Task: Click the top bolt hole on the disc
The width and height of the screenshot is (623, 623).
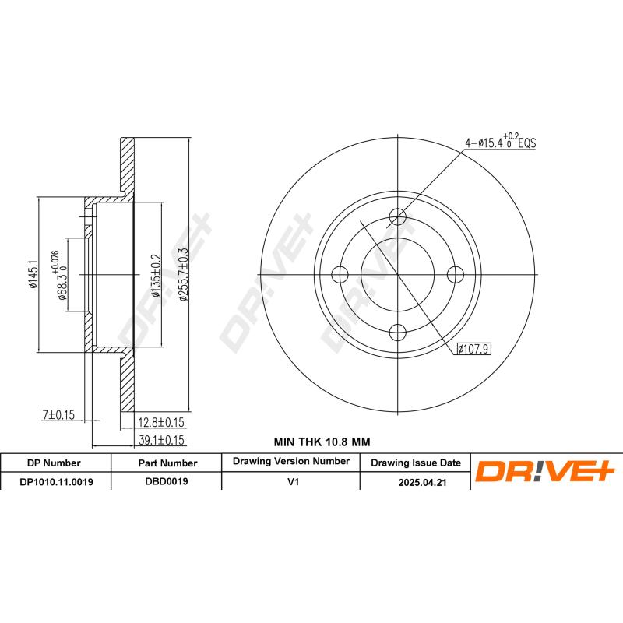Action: [x=398, y=216]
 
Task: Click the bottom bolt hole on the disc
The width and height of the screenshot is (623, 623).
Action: [x=398, y=332]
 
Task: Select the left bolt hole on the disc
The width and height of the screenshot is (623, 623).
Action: [x=340, y=274]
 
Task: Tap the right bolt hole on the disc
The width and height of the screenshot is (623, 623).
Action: [x=456, y=274]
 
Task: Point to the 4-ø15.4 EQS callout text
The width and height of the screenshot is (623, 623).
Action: [x=501, y=143]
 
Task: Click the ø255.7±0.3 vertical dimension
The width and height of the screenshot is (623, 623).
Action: [x=185, y=274]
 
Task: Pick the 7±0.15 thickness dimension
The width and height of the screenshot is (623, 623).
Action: [x=57, y=416]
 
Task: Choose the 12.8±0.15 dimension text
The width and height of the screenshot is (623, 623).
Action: [x=160, y=424]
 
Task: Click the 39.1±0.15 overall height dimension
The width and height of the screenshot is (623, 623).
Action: [x=160, y=440]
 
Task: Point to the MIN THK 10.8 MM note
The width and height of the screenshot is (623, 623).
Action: [x=322, y=442]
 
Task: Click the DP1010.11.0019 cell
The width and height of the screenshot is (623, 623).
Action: [x=56, y=482]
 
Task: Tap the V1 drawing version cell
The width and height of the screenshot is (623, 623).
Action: [x=292, y=482]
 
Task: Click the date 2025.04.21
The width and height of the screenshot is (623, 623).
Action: [x=415, y=483]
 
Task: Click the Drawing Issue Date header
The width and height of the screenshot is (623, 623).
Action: [x=415, y=463]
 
